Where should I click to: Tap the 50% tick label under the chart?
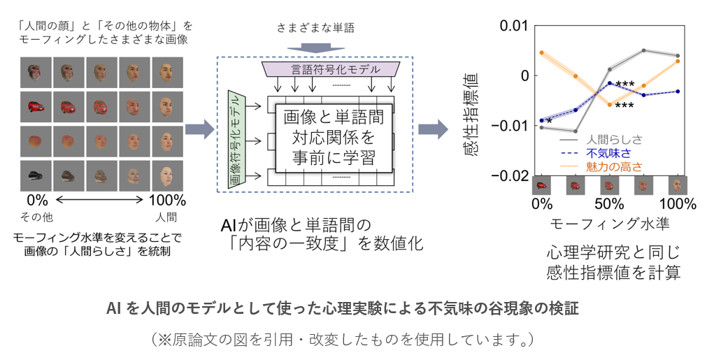(608, 205)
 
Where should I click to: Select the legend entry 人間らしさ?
(615, 139)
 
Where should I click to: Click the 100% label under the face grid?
(168, 200)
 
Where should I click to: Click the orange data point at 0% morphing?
(541, 52)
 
